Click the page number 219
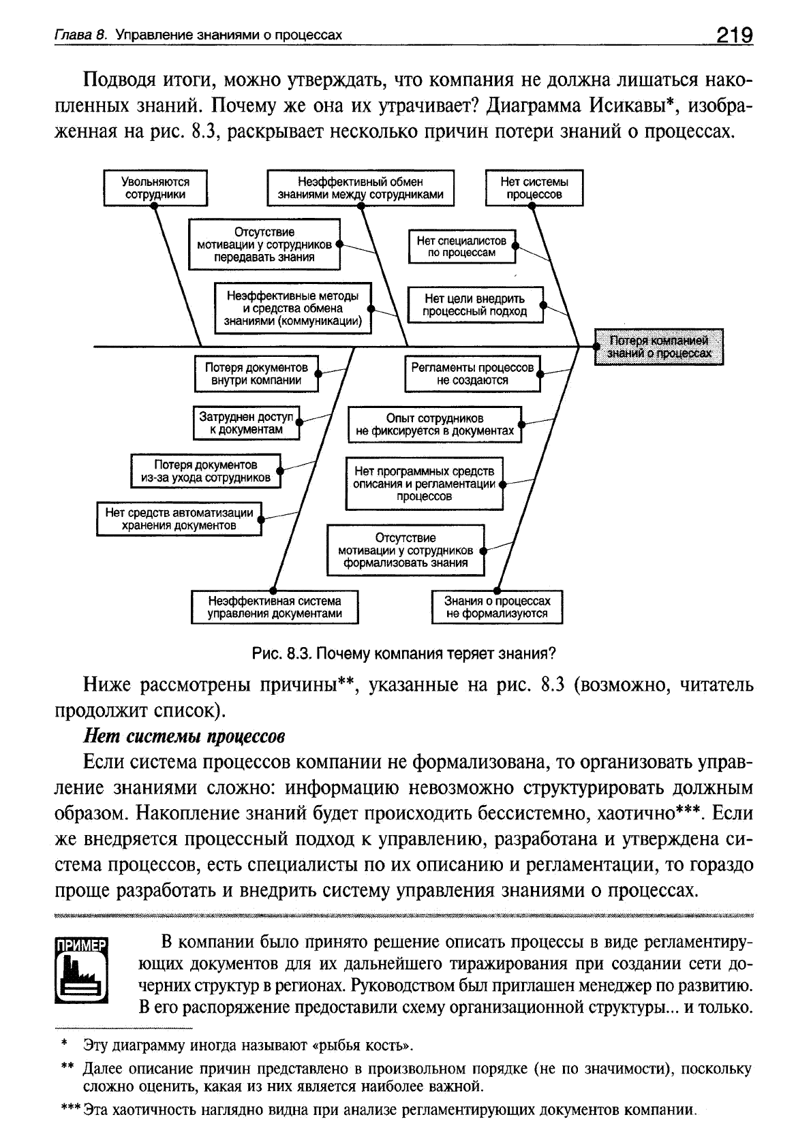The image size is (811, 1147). (x=733, y=34)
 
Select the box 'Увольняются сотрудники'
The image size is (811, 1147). (x=155, y=188)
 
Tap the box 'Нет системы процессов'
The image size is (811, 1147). (x=534, y=188)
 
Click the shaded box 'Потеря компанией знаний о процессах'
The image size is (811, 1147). (x=659, y=347)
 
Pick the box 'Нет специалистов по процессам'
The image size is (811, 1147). (x=462, y=247)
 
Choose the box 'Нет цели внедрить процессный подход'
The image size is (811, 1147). (x=475, y=304)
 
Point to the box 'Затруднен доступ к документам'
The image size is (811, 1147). (x=246, y=423)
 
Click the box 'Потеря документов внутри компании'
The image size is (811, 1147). (x=256, y=374)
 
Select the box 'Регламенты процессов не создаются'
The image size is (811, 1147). (x=472, y=374)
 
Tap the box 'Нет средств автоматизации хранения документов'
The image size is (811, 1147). (x=179, y=519)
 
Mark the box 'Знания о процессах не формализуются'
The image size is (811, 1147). (x=498, y=607)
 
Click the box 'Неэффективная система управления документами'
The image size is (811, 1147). (x=275, y=607)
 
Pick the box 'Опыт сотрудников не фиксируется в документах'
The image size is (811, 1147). (x=435, y=424)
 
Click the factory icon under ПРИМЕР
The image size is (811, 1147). (x=82, y=975)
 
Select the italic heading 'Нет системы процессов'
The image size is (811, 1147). (x=183, y=737)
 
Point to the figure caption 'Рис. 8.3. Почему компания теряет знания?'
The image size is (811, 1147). (x=405, y=654)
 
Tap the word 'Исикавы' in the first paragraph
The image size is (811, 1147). (x=630, y=106)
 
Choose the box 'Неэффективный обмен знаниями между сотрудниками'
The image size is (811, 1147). (x=361, y=188)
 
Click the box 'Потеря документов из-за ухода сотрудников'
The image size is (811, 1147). (x=206, y=471)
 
